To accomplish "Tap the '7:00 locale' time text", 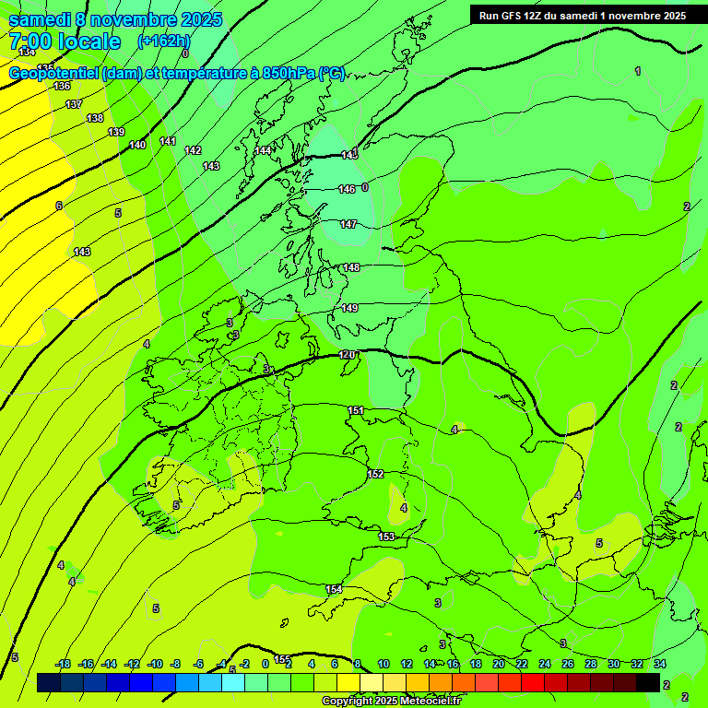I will (x=65, y=41).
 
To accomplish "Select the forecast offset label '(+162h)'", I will (x=164, y=41).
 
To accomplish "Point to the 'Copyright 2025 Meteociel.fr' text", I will (x=391, y=701).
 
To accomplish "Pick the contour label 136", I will (x=62, y=86).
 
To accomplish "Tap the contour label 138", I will (x=95, y=118).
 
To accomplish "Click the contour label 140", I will (x=137, y=145).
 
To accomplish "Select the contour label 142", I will (x=193, y=150).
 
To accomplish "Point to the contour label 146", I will (x=347, y=189).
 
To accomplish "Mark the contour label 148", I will (x=351, y=267).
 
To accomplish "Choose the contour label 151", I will (x=356, y=410).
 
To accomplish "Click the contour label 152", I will (x=375, y=474).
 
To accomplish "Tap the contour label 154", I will (x=334, y=589).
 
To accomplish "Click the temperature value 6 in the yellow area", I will (x=59, y=206).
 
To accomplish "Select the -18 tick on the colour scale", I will (x=63, y=664).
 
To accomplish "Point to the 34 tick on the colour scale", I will (x=660, y=664).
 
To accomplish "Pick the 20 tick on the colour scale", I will (x=498, y=664).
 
